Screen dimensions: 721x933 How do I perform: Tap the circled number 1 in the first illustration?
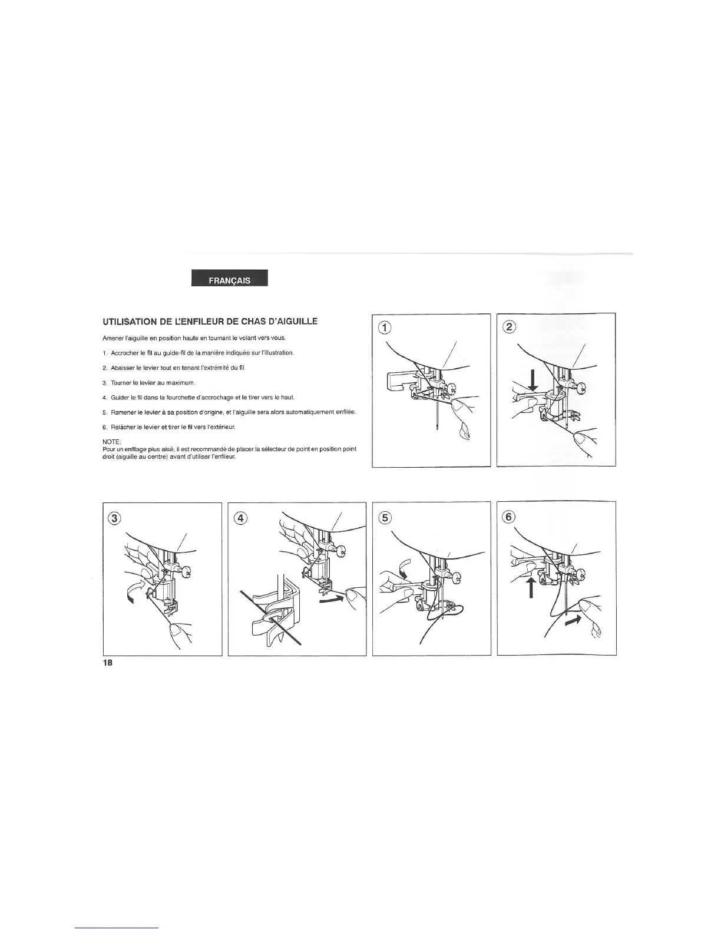click(x=385, y=327)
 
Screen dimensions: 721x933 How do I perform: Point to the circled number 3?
click(x=115, y=518)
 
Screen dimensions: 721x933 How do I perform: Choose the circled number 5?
click(x=384, y=518)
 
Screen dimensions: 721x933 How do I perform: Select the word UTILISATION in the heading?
click(x=124, y=322)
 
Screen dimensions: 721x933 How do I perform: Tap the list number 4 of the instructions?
click(x=104, y=397)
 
